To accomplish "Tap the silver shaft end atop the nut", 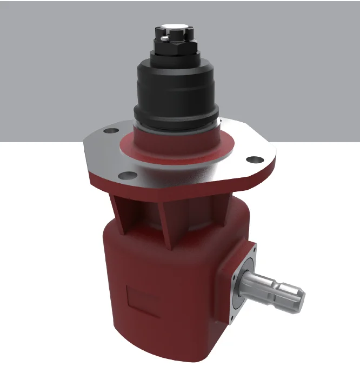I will click(x=175, y=25).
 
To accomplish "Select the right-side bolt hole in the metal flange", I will click(x=254, y=159).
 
